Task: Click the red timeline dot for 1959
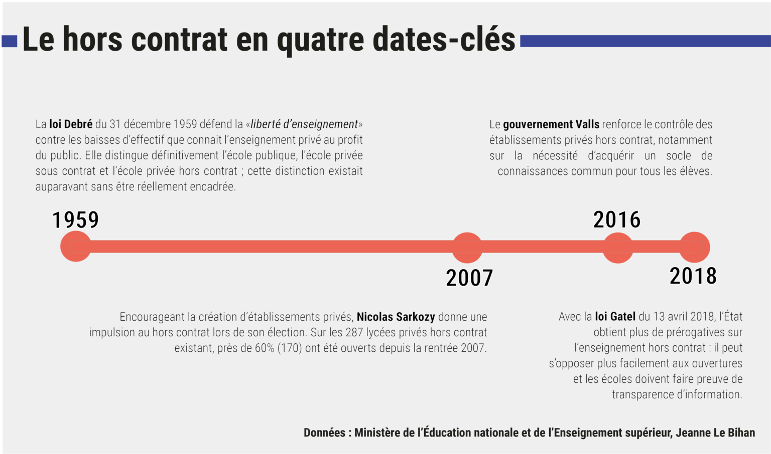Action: coord(76,246)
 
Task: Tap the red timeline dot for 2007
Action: coord(467,248)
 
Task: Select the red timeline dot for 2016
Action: coord(617,248)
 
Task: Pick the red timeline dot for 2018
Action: coord(695,247)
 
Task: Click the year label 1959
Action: coord(76,220)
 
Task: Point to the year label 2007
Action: coord(469,278)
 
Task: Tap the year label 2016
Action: coord(617,219)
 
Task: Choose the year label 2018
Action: coord(693,276)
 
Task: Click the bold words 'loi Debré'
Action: coord(71,124)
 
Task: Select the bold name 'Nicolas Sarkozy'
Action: coord(396,317)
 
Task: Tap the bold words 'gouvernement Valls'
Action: coord(551,124)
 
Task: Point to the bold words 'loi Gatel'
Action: coord(615,317)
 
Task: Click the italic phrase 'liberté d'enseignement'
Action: coord(304,124)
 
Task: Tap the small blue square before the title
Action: coord(9,41)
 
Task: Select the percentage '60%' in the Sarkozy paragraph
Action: coord(264,348)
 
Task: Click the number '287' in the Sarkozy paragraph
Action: coord(354,332)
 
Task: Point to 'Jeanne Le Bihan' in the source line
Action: coord(715,432)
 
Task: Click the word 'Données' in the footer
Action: coord(324,432)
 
